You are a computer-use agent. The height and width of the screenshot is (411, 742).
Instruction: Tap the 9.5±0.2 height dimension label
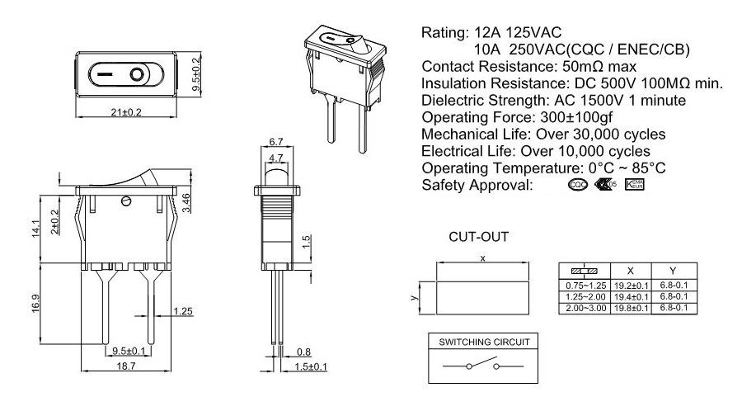pos(196,74)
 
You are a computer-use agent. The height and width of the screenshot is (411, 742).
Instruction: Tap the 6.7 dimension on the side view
pos(278,142)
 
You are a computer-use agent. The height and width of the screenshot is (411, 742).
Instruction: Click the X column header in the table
pos(630,271)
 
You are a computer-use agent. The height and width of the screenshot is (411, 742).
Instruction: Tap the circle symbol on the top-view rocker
pos(134,76)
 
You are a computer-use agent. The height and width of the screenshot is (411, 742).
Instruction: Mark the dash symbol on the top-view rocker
pos(105,76)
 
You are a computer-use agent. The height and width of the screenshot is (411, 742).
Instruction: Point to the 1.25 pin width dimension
pos(184,312)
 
